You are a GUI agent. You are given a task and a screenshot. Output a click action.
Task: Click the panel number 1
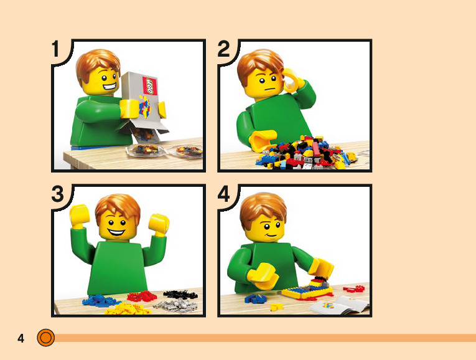point(55,49)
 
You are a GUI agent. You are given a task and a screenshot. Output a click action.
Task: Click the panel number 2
point(223,49)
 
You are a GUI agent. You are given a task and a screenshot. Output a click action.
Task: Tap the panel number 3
point(57,194)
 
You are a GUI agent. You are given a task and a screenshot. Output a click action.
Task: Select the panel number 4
point(224,194)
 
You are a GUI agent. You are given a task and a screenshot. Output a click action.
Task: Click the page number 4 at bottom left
point(21,338)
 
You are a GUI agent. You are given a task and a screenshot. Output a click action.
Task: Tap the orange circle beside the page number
point(46,338)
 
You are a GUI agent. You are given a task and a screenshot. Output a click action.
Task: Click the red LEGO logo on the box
point(150,86)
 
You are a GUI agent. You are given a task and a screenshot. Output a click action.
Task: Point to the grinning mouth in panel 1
point(110,87)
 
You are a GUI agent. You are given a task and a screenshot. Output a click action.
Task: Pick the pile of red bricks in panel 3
point(142,296)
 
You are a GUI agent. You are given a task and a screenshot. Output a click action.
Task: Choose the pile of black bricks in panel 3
point(180,295)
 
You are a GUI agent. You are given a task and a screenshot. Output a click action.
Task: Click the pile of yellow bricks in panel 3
point(128,308)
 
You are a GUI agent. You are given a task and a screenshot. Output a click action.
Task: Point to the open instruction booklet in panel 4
point(339,305)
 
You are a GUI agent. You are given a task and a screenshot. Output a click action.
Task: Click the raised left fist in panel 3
point(80,216)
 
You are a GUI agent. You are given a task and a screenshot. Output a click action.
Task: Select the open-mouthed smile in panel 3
point(116,233)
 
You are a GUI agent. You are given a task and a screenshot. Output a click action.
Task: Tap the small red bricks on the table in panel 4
point(354,288)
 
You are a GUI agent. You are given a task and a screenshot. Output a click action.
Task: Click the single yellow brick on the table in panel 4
point(276,307)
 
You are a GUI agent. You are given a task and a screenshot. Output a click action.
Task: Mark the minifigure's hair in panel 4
point(263,207)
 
